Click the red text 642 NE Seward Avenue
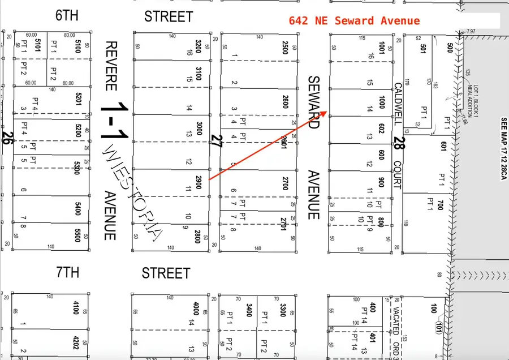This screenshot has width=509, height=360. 354,21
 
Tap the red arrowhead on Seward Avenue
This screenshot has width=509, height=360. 324,113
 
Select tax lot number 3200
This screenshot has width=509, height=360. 199,46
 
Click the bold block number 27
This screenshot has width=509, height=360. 215,141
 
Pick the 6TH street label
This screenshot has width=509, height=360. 67,16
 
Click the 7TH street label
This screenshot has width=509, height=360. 67,272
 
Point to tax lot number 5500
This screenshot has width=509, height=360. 77,234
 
